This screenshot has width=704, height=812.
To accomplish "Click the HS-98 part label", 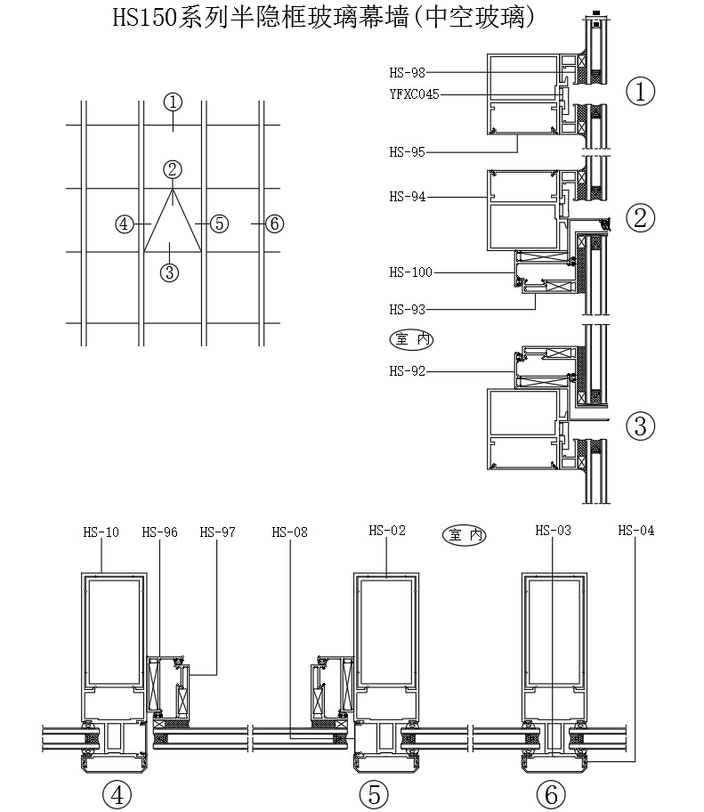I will pyautogui.click(x=407, y=73).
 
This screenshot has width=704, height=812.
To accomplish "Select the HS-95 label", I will pyautogui.click(x=407, y=152).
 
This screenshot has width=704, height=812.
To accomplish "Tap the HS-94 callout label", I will pyautogui.click(x=407, y=197).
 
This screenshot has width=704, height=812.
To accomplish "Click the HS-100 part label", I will pyautogui.click(x=410, y=272).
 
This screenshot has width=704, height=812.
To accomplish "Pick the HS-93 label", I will pyautogui.click(x=407, y=310).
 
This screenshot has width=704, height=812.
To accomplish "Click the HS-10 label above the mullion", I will pyautogui.click(x=101, y=532).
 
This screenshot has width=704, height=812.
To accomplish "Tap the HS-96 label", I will pyautogui.click(x=159, y=532).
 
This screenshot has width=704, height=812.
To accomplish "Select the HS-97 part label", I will pyautogui.click(x=217, y=532).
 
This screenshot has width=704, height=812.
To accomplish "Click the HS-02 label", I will pyautogui.click(x=387, y=531).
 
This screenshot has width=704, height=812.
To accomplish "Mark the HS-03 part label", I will pyautogui.click(x=553, y=531).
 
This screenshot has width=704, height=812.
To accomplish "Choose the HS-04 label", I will pyautogui.click(x=635, y=531).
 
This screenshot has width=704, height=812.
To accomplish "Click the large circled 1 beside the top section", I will pyautogui.click(x=641, y=91).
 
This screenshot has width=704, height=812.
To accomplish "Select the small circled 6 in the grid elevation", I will pyautogui.click(x=274, y=223).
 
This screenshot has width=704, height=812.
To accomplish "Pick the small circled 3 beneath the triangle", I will pyautogui.click(x=172, y=272).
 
